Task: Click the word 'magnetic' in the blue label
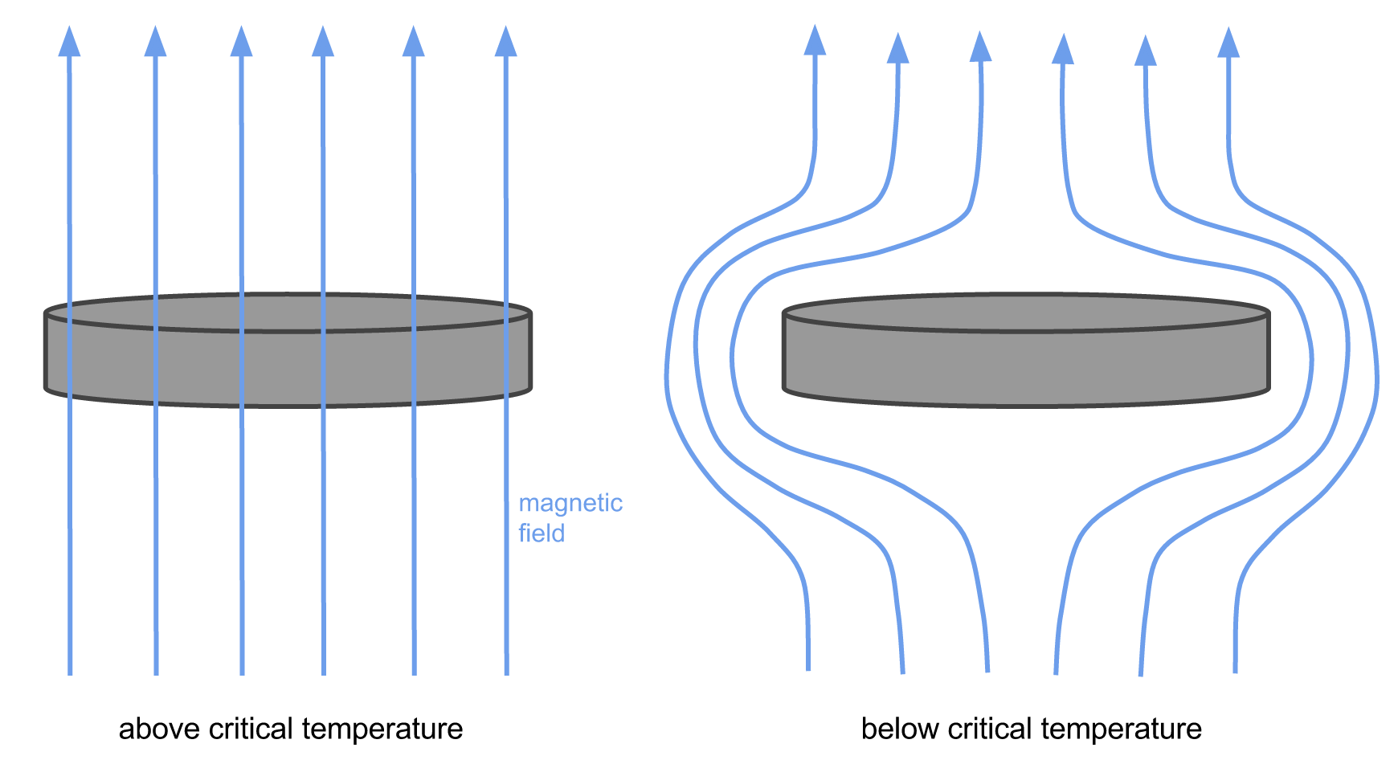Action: tap(570, 505)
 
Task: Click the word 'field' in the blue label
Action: tap(542, 533)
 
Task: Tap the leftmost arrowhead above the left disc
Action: tap(69, 41)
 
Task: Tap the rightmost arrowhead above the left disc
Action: tap(505, 41)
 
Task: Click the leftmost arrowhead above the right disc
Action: tap(815, 39)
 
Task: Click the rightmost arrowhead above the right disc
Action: tap(1228, 42)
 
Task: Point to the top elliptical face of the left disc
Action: tap(288, 313)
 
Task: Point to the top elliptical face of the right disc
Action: tap(1026, 313)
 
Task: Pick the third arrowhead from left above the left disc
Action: tap(241, 41)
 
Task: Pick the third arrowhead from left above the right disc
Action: tap(980, 46)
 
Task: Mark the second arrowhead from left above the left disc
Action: tap(155, 41)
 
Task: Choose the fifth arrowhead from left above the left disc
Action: tap(413, 41)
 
